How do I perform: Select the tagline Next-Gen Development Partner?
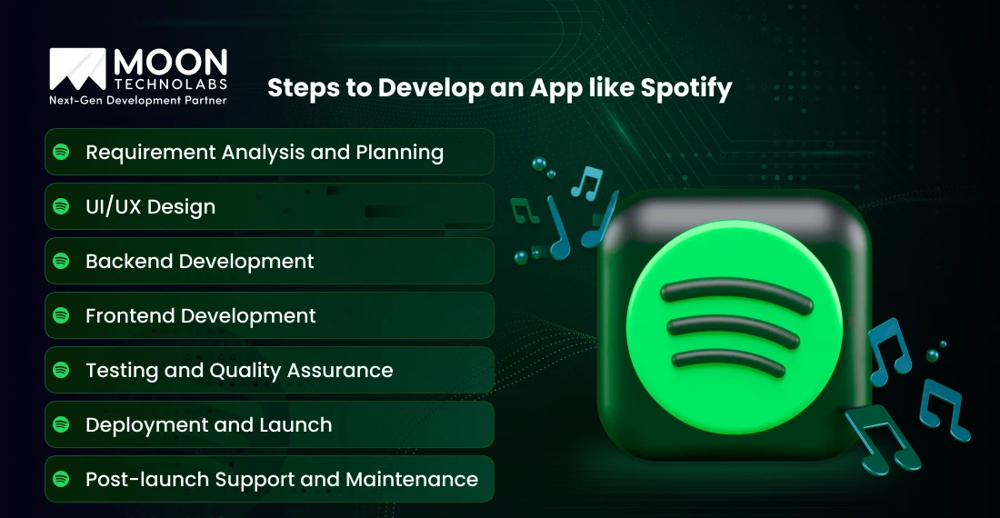tap(137, 101)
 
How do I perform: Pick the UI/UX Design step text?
tap(151, 207)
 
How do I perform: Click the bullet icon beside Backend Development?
tap(62, 262)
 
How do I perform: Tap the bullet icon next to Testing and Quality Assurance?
tap(62, 371)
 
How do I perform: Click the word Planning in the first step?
tap(399, 153)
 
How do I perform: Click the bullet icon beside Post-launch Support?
tap(62, 480)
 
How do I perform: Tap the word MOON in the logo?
tap(170, 63)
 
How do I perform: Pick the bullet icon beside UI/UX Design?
tap(62, 207)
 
